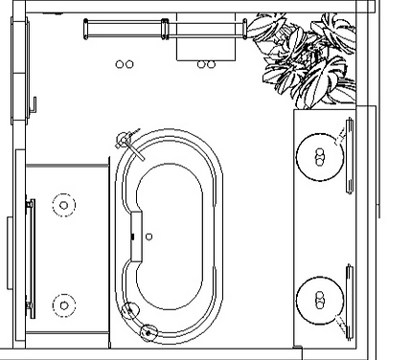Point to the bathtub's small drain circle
click(150, 235)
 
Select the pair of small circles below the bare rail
click(124, 65)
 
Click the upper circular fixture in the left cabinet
click(64, 204)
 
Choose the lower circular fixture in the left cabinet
click(64, 305)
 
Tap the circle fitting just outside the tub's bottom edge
click(148, 332)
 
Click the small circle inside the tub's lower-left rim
click(129, 310)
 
